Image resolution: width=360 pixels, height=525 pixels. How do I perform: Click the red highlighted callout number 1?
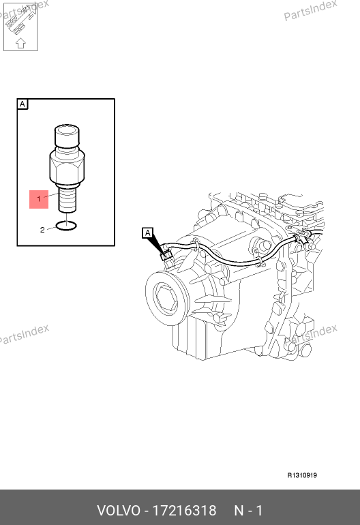click(39, 199)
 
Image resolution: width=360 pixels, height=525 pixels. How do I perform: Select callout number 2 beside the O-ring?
click(42, 230)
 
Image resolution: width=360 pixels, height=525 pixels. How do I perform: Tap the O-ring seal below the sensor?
click(66, 226)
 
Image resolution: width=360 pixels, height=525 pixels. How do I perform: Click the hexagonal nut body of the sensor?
click(67, 167)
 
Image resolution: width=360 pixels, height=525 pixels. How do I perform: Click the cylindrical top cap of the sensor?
click(67, 136)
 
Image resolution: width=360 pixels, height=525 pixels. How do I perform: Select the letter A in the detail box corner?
click(22, 104)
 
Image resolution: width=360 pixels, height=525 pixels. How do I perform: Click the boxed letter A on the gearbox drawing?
click(148, 233)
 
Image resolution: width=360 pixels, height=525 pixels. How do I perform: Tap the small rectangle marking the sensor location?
click(166, 256)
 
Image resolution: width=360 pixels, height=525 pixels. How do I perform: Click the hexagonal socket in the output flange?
click(167, 297)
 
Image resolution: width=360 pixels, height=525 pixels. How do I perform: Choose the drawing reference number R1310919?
click(302, 475)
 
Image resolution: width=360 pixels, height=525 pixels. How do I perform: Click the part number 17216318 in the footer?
click(185, 511)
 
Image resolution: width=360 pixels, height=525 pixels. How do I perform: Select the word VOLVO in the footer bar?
click(119, 511)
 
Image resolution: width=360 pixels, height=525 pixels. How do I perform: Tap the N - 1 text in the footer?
click(248, 511)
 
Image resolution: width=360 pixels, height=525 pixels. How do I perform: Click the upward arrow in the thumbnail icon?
click(20, 43)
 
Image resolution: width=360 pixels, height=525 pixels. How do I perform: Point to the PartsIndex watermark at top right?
click(310, 10)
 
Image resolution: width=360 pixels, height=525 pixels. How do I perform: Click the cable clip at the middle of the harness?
click(259, 262)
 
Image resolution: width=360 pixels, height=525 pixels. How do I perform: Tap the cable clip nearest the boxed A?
click(195, 245)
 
